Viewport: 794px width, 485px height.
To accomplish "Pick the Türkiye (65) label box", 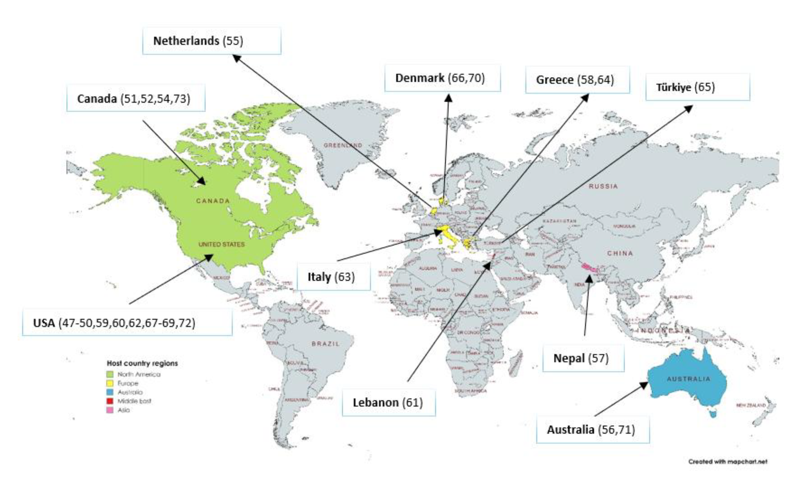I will (698, 87).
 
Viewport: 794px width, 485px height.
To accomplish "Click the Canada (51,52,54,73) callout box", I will (136, 98).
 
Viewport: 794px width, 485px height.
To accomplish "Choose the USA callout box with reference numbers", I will (127, 322).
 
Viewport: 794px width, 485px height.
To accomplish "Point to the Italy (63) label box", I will (333, 277).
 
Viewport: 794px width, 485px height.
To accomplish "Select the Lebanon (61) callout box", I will (388, 402).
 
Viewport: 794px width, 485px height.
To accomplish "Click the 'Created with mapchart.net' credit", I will (728, 461).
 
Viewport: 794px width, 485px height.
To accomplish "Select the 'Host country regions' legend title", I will (142, 363).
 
